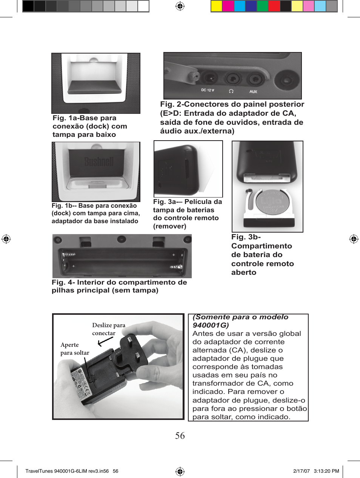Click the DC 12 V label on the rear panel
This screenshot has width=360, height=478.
tap(208, 90)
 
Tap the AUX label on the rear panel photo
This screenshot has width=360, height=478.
tap(253, 92)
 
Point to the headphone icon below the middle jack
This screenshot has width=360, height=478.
tap(231, 91)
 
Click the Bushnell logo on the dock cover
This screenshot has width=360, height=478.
tap(99, 162)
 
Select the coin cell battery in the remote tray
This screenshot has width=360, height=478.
tap(272, 202)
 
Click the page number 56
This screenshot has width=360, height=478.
tap(180, 436)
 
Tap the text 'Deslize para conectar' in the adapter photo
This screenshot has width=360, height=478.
tap(108, 329)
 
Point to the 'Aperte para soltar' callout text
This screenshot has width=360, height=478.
tap(75, 349)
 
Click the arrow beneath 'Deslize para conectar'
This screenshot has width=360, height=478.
tap(106, 342)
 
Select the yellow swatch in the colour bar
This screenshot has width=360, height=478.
tap(216, 6)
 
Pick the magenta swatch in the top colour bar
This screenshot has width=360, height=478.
tap(228, 6)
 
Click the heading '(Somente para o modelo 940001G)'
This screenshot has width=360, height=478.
tap(240, 321)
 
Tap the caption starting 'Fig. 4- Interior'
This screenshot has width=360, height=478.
tap(119, 286)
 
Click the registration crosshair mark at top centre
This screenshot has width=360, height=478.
tap(180, 6)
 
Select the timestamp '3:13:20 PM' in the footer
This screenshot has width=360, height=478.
tap(326, 471)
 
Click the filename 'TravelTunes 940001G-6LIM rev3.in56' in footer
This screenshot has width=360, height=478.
tap(67, 471)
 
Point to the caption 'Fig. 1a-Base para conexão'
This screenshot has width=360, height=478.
tap(90, 126)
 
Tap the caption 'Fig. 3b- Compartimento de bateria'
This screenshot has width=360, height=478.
tap(262, 254)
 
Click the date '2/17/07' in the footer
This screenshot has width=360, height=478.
tap(301, 471)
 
